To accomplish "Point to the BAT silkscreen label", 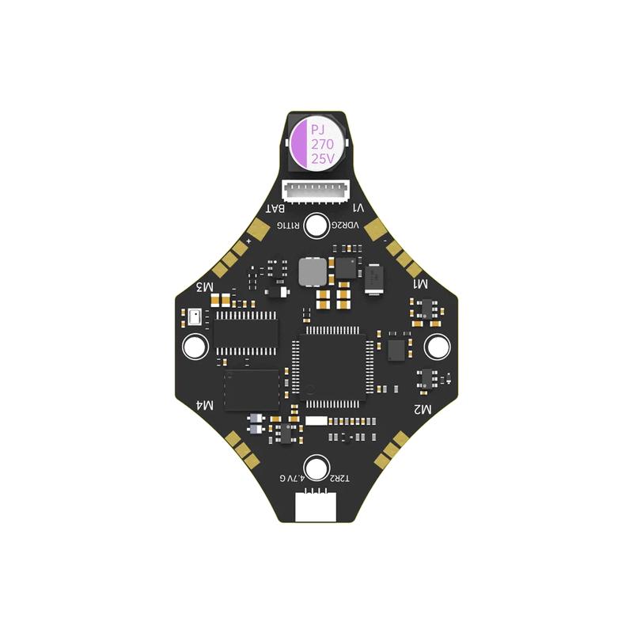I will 275,209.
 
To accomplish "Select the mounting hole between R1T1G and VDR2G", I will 316,226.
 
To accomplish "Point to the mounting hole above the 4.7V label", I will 316,466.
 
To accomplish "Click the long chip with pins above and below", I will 246,332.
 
